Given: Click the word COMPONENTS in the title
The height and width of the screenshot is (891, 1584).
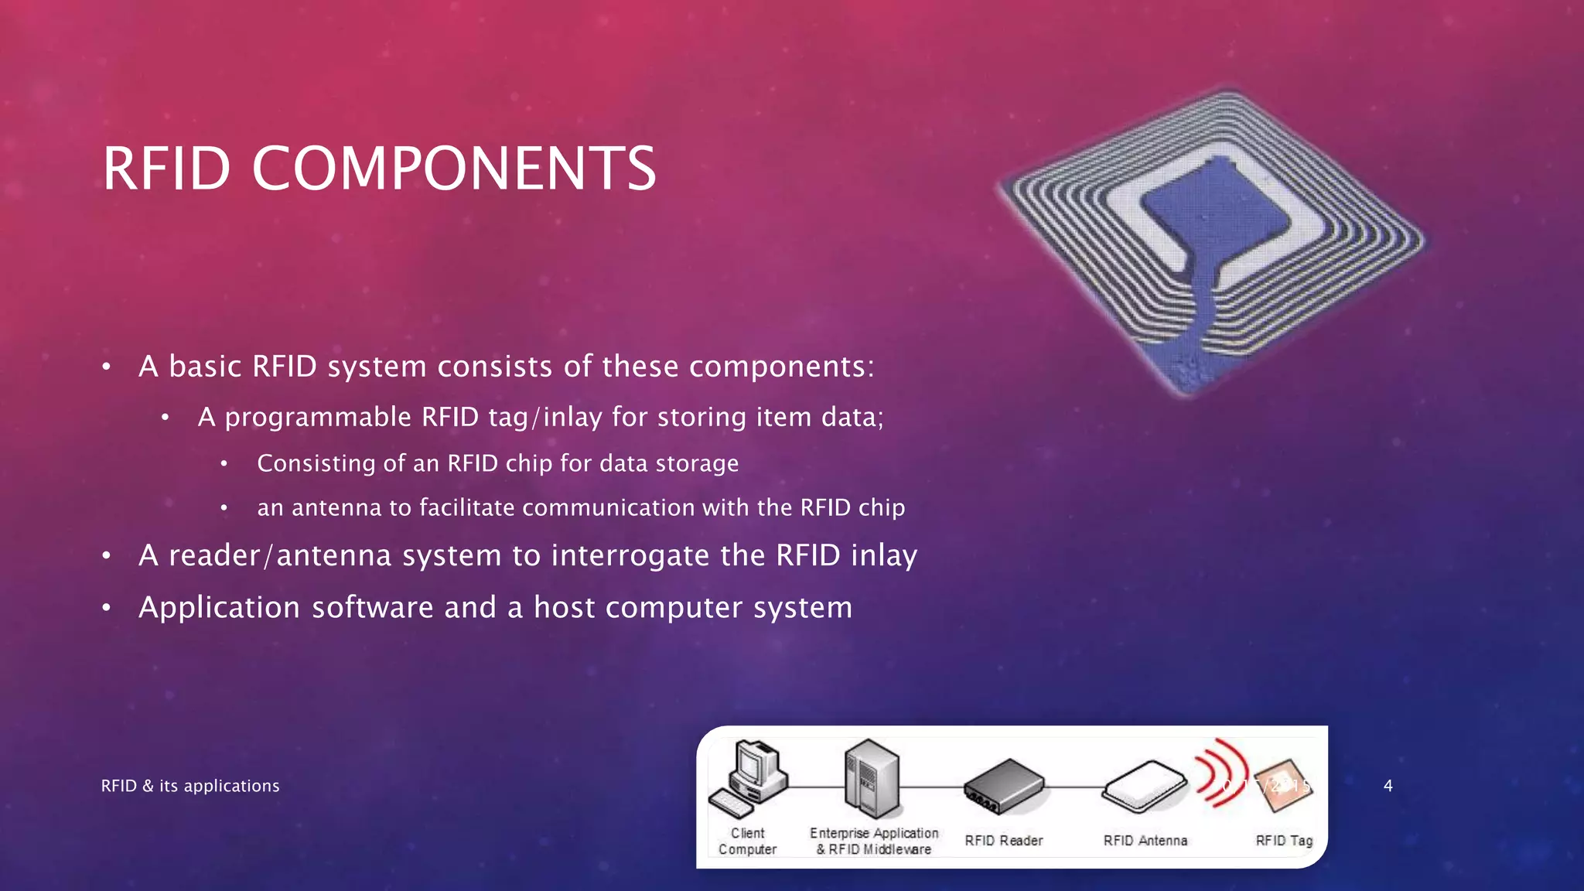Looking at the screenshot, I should pos(454,169).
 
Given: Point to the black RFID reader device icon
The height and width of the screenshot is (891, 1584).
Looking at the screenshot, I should pos(1003,786).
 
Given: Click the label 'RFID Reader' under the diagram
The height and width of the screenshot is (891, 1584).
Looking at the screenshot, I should pos(1003,841).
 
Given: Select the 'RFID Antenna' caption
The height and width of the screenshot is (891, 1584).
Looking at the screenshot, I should pos(1145,841).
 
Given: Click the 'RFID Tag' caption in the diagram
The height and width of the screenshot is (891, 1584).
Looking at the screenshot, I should pos(1284,841).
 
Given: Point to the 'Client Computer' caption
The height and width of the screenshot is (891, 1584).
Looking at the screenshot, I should pos(747,841).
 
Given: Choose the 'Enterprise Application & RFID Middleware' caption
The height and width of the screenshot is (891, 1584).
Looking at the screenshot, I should pos(874,841).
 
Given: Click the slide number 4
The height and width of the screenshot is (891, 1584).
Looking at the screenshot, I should pos(1388,786).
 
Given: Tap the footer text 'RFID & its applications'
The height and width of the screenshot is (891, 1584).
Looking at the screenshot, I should pos(190,786).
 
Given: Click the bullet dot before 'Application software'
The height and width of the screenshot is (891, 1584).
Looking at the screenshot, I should pos(107,608).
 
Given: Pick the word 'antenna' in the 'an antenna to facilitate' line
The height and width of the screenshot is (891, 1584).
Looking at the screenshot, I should pos(336,508).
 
